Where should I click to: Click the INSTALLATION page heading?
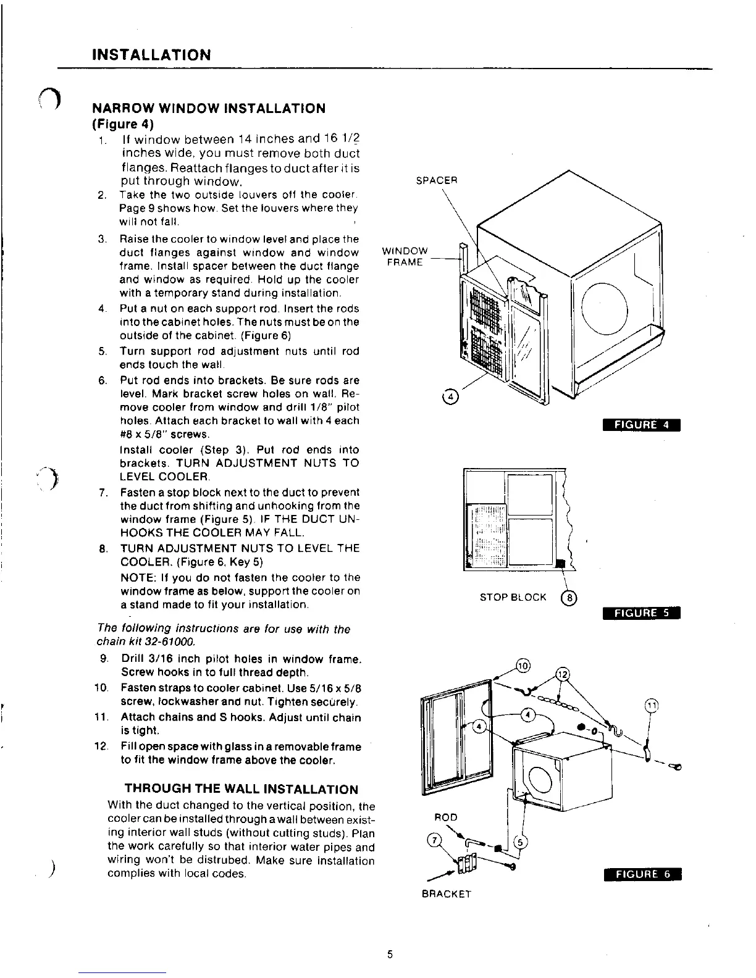pyautogui.click(x=151, y=55)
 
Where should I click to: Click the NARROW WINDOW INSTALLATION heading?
pyautogui.click(x=208, y=109)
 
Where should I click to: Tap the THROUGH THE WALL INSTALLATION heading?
pyautogui.click(x=241, y=789)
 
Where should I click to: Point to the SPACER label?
pyautogui.click(x=436, y=181)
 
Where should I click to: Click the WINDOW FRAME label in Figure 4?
pyautogui.click(x=405, y=256)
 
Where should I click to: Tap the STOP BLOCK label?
pyautogui.click(x=513, y=597)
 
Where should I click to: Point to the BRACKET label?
pyautogui.click(x=447, y=893)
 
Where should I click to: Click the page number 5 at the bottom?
pyautogui.click(x=389, y=954)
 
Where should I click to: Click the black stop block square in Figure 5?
pyautogui.click(x=560, y=563)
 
